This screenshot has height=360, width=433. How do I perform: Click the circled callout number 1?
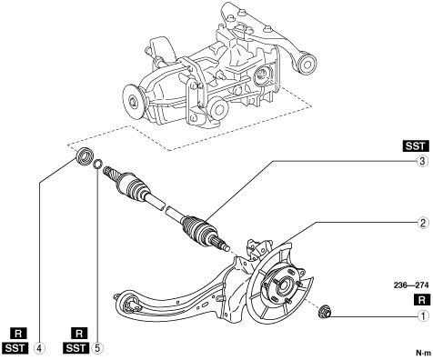(423, 316)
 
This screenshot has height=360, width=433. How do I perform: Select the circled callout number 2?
(423, 223)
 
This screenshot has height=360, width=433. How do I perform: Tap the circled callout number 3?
(423, 161)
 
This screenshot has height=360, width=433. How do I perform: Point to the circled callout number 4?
(39, 348)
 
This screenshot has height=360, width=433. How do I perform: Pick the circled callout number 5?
(97, 348)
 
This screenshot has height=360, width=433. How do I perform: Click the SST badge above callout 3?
(417, 146)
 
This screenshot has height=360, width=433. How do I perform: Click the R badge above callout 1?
(422, 300)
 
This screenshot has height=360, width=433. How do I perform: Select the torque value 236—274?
(411, 285)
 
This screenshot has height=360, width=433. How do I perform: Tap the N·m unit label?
(423, 353)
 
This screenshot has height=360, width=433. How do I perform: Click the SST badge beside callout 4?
(15, 348)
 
